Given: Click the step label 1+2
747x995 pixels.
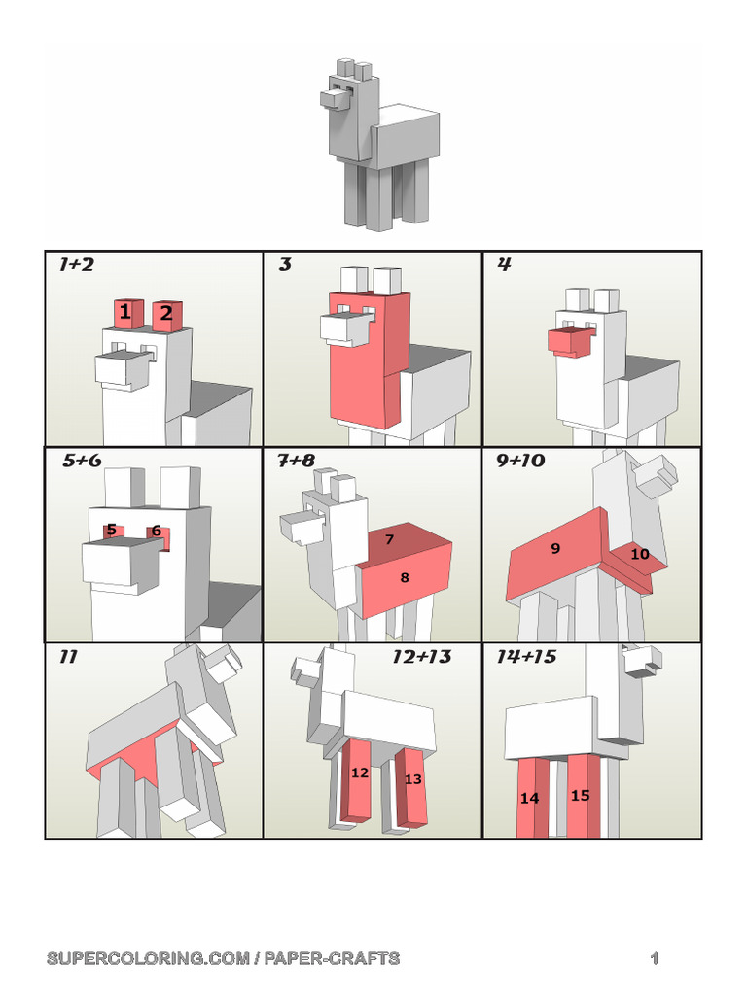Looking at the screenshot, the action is tap(76, 264).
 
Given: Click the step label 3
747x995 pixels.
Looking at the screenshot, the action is tap(285, 264).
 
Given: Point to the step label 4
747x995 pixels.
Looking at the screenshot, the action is tap(505, 264).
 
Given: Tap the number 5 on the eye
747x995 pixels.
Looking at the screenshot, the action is tap(112, 530).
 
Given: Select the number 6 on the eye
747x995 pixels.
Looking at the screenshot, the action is tap(157, 531).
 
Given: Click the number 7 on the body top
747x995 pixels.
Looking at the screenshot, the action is tap(389, 539).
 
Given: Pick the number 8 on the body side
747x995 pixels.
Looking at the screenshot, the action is tap(405, 577).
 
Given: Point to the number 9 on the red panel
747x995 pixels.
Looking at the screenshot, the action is tap(555, 548).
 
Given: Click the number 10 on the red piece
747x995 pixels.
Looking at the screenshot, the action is tap(640, 554).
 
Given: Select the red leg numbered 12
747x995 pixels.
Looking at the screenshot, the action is tap(356, 780).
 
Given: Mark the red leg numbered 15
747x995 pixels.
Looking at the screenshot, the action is tap(584, 796).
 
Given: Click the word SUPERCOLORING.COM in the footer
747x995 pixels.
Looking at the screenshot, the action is tap(149, 958).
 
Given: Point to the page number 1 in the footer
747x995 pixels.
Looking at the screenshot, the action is tap(655, 958).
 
